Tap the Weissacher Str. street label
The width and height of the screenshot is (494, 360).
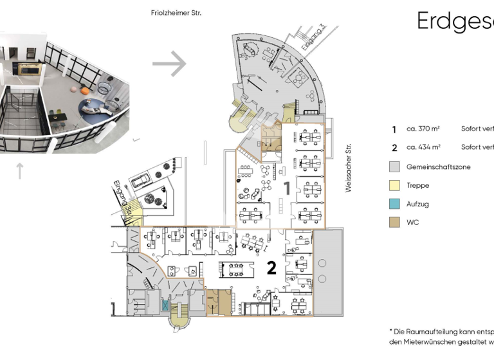349,168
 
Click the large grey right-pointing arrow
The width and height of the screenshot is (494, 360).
169,64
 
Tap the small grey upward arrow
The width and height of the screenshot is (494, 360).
19,171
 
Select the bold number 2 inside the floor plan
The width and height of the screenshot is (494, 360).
271,267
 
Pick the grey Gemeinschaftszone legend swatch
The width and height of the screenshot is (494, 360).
395,166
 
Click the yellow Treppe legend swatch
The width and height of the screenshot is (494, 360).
395,185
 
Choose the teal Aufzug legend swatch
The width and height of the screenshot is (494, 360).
395,204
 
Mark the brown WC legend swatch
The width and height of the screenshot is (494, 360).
395,222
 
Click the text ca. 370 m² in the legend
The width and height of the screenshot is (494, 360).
423,129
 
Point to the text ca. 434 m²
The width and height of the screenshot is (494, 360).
423,147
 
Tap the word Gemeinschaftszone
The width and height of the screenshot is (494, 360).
438,166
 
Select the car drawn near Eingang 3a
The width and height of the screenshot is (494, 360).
142,175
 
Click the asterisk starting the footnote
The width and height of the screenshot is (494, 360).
391,330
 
